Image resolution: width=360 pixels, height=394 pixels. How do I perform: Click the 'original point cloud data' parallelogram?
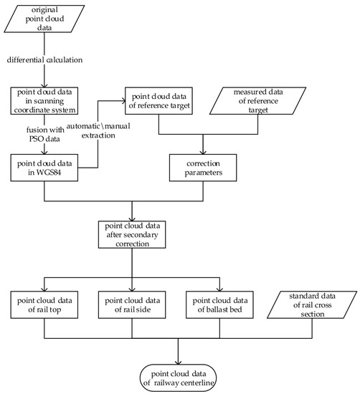[44, 17]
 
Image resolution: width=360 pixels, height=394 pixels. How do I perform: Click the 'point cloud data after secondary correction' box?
[133, 234]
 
